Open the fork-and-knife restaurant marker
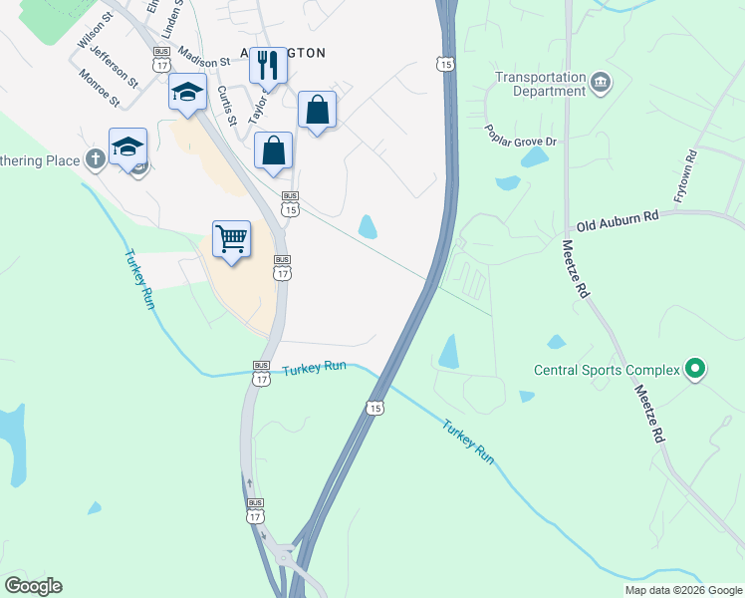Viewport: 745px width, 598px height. click(x=267, y=66)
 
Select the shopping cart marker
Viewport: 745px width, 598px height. click(x=231, y=239)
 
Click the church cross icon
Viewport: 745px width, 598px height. click(x=95, y=159)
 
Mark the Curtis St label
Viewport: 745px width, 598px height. click(x=227, y=106)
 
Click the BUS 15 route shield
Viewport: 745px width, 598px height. click(x=290, y=203)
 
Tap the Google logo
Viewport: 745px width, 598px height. click(x=33, y=586)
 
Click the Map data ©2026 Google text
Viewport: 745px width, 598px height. click(x=682, y=590)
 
